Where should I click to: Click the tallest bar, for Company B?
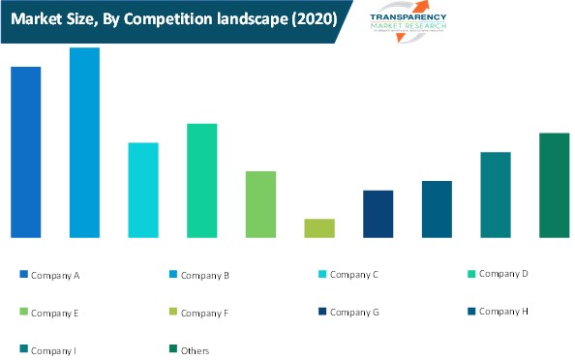point(84,142)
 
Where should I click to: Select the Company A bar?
point(25,152)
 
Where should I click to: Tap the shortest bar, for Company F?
point(319,228)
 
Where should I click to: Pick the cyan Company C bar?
point(143,190)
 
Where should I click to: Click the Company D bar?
point(201,180)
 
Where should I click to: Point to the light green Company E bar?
point(260,204)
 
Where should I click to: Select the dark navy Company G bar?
point(378,214)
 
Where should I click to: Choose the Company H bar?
point(437,209)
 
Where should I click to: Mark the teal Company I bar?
point(496,195)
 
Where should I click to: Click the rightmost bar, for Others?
point(554,185)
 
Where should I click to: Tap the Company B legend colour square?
point(173,275)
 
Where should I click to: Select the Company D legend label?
point(503,274)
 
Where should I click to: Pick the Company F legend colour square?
point(173,312)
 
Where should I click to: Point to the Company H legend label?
point(503,311)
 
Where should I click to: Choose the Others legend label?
point(195,350)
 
